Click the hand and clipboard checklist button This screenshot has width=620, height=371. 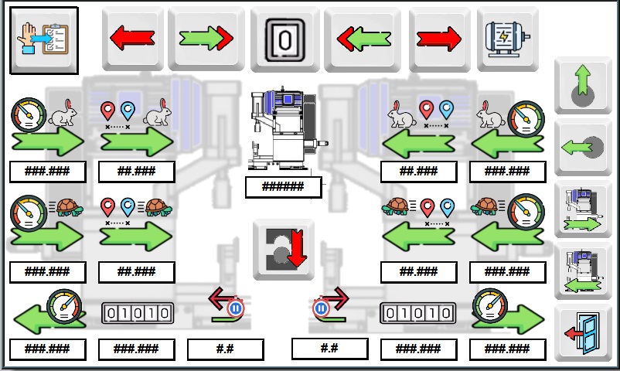pos(43,40)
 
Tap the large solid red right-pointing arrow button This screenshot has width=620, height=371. pos(438,38)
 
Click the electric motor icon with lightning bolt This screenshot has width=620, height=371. pos(507,38)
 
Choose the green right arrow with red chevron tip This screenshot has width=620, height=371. pos(206,38)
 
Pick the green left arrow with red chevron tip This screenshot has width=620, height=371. pos(363,38)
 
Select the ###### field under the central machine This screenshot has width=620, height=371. pos(283,186)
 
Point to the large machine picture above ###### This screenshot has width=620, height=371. pos(283,130)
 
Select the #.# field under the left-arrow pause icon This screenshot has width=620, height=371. pos(225,349)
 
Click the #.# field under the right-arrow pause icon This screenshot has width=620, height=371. pos(329,348)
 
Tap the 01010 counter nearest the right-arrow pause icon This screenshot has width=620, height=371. pos(417,313)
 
